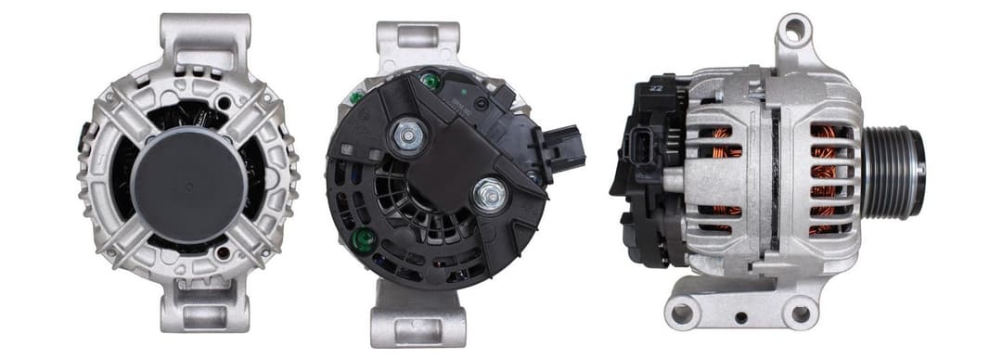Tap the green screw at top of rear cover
coord(429,81)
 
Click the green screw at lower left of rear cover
coord(364,240)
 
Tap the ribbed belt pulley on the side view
coord(894,174)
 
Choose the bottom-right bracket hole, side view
coord(800,314)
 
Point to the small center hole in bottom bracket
coord(741,318)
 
